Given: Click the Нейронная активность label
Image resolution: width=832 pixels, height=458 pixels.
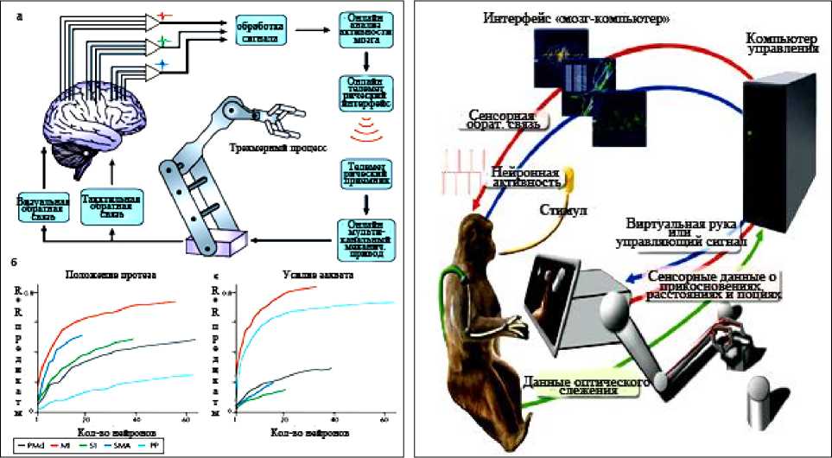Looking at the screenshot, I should pos(526,175).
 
